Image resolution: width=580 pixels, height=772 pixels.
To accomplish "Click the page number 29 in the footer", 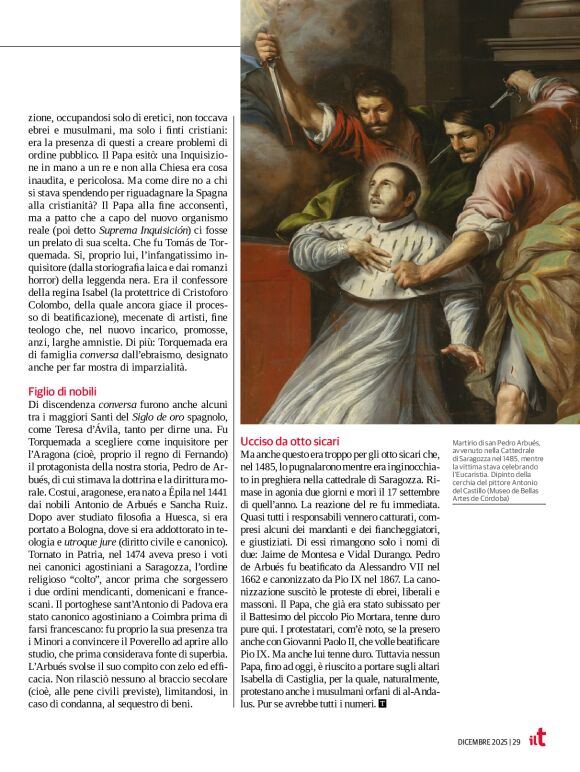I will (515, 741).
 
